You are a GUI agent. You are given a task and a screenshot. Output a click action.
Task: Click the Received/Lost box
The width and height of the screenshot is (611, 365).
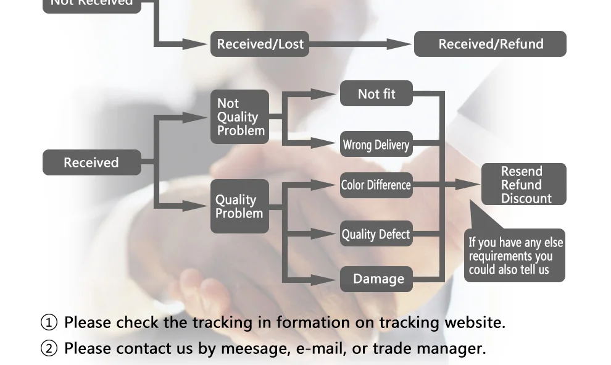[259, 44]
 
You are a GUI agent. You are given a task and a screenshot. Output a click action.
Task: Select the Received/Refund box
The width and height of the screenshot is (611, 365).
[490, 44]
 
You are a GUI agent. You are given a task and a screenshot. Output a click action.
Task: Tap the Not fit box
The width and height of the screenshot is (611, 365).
[376, 94]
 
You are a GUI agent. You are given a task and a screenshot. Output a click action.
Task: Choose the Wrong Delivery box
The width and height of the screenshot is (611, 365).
[376, 145]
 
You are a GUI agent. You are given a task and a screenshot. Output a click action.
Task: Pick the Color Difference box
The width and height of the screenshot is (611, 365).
[376, 185]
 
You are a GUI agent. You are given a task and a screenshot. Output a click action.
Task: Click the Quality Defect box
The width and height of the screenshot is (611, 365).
[376, 234]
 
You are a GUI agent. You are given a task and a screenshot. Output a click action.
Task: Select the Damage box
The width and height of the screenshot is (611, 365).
[377, 279]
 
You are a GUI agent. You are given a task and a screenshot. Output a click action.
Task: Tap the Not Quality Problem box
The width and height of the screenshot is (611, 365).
[240, 117]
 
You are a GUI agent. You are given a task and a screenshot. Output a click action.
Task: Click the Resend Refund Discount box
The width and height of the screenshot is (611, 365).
[523, 185]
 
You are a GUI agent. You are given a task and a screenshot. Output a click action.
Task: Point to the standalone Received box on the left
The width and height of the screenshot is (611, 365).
[91, 162]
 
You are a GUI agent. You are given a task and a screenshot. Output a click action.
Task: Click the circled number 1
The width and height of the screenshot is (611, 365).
[49, 322]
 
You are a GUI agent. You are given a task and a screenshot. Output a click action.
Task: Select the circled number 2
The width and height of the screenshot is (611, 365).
[49, 348]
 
